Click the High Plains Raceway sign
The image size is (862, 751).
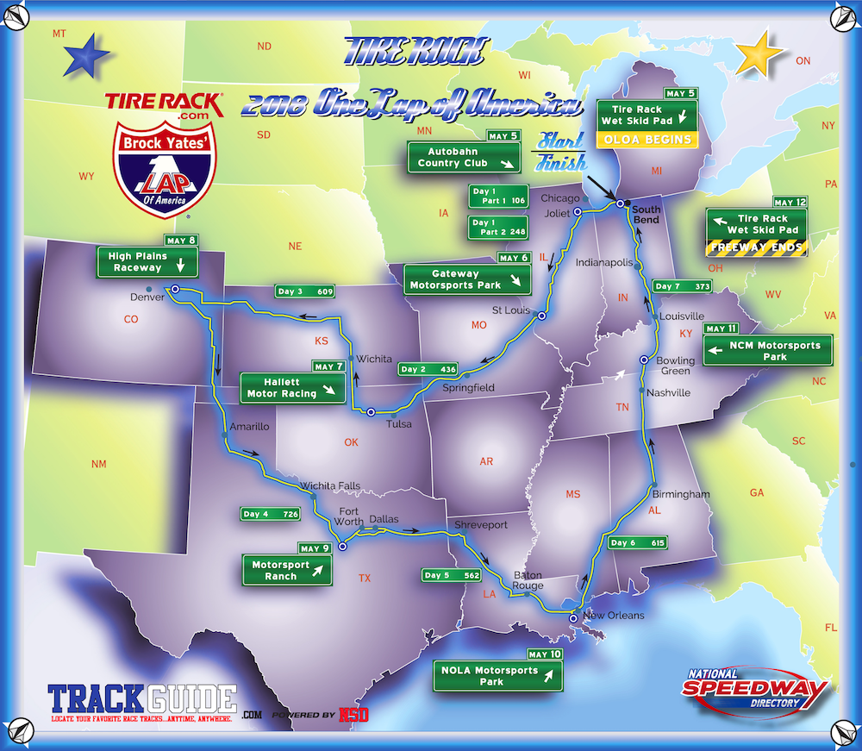point(147,261)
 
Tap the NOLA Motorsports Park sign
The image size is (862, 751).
point(497,676)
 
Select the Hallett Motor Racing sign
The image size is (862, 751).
point(292,388)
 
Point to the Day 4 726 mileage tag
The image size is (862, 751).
point(271,514)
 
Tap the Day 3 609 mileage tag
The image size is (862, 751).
point(305,291)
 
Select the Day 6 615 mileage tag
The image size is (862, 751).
point(638,542)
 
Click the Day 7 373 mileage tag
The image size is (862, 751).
point(683,285)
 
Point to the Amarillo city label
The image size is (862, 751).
point(251,427)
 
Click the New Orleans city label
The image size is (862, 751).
point(613,616)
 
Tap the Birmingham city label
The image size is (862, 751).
point(681,494)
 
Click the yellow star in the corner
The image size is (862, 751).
point(760,55)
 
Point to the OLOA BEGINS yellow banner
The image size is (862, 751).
point(646,140)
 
